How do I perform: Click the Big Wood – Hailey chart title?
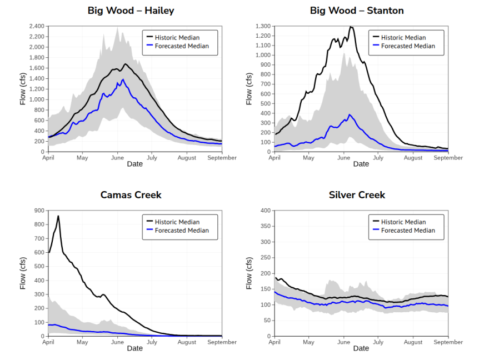[131, 11]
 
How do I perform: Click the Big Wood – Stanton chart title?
[357, 11]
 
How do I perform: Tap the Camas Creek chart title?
[131, 195]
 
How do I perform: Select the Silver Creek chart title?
[357, 195]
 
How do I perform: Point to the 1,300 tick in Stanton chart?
[262, 26]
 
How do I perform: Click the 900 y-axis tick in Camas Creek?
[39, 211]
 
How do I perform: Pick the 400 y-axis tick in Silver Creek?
[265, 211]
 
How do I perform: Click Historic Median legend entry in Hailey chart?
[177, 38]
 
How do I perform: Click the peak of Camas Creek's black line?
[58, 216]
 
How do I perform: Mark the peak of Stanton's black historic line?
[351, 27]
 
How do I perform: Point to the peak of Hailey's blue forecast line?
[123, 79]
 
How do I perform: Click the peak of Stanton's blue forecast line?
[350, 114]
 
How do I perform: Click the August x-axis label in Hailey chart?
[187, 158]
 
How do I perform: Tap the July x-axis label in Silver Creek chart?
[378, 342]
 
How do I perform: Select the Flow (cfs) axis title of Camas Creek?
[23, 273]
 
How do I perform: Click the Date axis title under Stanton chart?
[361, 164]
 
